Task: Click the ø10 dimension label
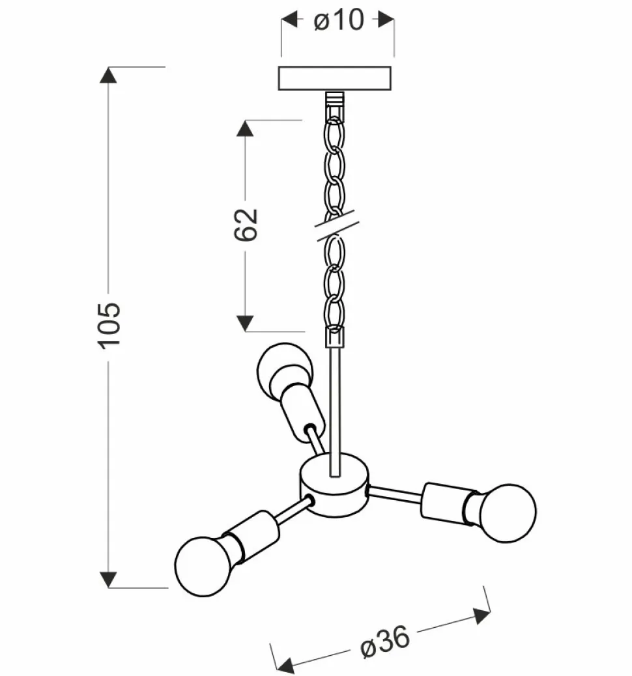pyautogui.click(x=339, y=20)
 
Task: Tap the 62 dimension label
pyautogui.click(x=246, y=225)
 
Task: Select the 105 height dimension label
pyautogui.click(x=108, y=326)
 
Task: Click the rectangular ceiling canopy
pyautogui.click(x=335, y=78)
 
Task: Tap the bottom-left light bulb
pyautogui.click(x=203, y=566)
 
